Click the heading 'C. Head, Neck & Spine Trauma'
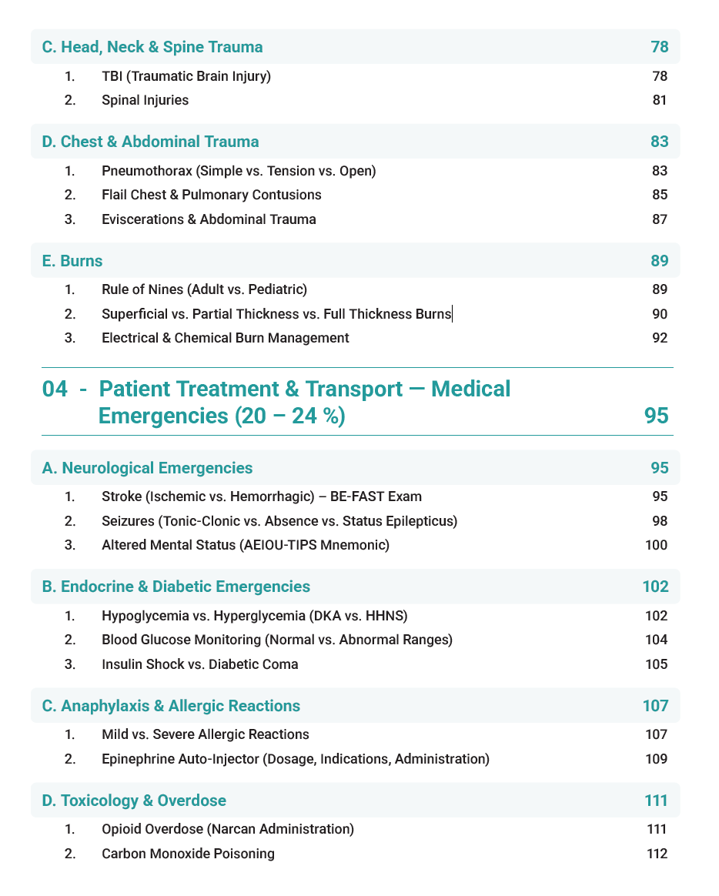[x=152, y=47]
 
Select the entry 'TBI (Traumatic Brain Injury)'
[x=186, y=75]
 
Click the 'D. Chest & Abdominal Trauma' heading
[x=150, y=142]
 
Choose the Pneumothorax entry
[x=239, y=171]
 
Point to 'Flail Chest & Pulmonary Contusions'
[x=212, y=195]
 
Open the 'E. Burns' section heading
[x=72, y=261]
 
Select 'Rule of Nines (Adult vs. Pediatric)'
[x=204, y=289]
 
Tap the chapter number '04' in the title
[x=55, y=389]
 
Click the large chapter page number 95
[x=656, y=416]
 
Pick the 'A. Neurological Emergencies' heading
[x=147, y=468]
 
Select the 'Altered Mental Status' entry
[x=246, y=546]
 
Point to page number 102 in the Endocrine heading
[x=655, y=587]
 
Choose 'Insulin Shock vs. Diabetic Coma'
[x=200, y=664]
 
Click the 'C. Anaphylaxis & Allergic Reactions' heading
[x=171, y=706]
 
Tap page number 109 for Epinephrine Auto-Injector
[x=657, y=759]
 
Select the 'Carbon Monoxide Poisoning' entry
[x=188, y=854]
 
